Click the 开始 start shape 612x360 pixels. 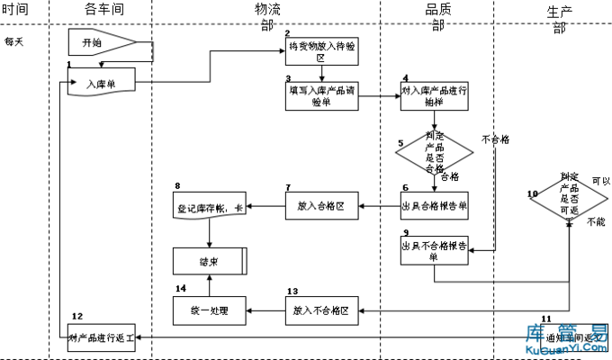100,42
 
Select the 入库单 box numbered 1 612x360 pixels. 103,84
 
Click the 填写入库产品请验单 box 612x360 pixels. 321,96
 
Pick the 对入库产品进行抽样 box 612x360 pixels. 435,96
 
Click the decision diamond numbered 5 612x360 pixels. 435,152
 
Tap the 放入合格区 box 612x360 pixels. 321,207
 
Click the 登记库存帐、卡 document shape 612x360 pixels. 209,209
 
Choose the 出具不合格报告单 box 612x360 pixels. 435,249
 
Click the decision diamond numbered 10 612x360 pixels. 569,198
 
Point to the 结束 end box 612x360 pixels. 209,262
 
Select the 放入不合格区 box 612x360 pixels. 321,310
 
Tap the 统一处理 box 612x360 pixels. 209,310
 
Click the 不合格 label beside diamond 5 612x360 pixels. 495,139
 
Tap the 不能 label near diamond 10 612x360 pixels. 596,221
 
